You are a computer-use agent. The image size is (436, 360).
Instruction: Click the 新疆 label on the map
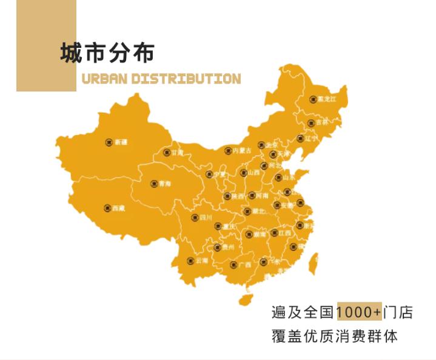pyautogui.click(x=121, y=142)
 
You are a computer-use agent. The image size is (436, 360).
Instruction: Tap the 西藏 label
pyautogui.click(x=118, y=208)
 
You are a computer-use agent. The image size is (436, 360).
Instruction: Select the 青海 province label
pyautogui.click(x=165, y=182)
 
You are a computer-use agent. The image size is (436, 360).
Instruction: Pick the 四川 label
pyautogui.click(x=206, y=218)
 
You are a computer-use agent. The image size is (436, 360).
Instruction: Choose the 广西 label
pyautogui.click(x=244, y=265)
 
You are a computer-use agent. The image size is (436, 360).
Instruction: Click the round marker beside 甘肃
pyautogui.click(x=167, y=153)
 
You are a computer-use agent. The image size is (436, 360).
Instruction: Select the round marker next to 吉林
pyautogui.click(x=310, y=122)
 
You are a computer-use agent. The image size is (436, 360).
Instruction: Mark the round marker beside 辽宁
pyautogui.click(x=300, y=138)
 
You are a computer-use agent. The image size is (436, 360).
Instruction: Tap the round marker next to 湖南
pyautogui.click(x=248, y=234)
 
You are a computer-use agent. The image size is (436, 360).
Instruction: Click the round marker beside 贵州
pyautogui.click(x=217, y=247)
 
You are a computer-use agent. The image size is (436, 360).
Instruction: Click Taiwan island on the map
pyautogui.click(x=314, y=264)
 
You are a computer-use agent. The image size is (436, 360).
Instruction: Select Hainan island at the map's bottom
pyautogui.click(x=246, y=299)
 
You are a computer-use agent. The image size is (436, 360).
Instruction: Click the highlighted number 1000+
pyautogui.click(x=360, y=312)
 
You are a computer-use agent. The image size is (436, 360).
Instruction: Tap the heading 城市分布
pyautogui.click(x=107, y=53)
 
